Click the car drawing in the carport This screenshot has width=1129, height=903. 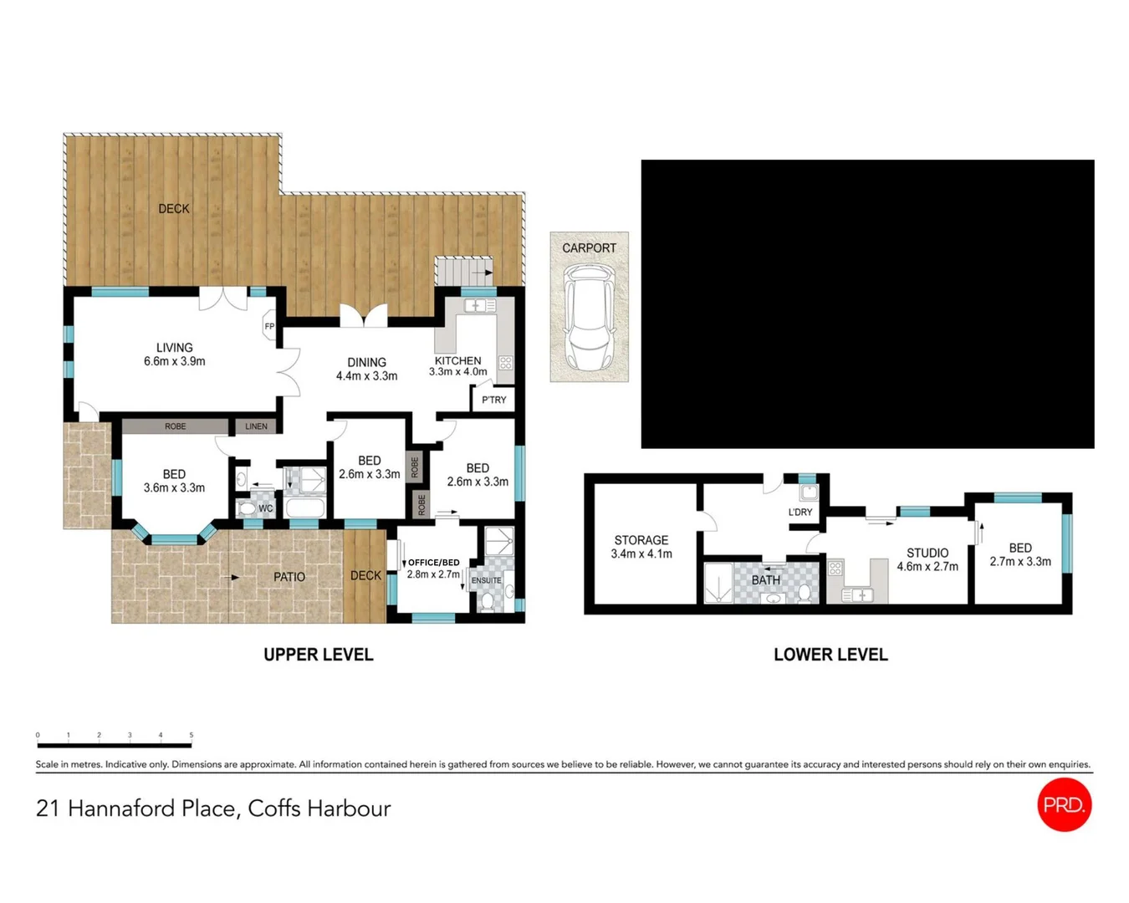pyautogui.click(x=589, y=317)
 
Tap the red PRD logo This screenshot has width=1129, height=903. pyautogui.click(x=1065, y=804)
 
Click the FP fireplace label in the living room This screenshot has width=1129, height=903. pyautogui.click(x=269, y=326)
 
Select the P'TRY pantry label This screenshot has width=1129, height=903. pyautogui.click(x=493, y=400)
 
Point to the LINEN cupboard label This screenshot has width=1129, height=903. pyautogui.click(x=256, y=426)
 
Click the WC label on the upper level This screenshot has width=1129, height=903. pyautogui.click(x=265, y=508)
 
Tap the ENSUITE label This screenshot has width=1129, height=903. pyautogui.click(x=487, y=580)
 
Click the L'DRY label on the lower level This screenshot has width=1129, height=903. pyautogui.click(x=800, y=512)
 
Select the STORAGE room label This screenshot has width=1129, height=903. pyautogui.click(x=641, y=540)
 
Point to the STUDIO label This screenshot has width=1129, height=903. pyautogui.click(x=927, y=553)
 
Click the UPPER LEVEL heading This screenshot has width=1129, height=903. pyautogui.click(x=319, y=655)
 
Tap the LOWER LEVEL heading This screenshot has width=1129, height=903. pyautogui.click(x=831, y=655)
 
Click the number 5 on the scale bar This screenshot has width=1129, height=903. pyautogui.click(x=192, y=735)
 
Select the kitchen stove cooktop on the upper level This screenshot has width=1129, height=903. pyautogui.click(x=506, y=363)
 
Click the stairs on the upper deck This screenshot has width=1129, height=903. pyautogui.click(x=464, y=271)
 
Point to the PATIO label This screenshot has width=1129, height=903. pyautogui.click(x=289, y=577)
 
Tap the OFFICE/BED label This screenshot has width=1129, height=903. pyautogui.click(x=434, y=563)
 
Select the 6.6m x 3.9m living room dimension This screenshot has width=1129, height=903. pyautogui.click(x=175, y=361)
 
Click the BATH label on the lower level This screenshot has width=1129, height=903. pyautogui.click(x=766, y=580)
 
